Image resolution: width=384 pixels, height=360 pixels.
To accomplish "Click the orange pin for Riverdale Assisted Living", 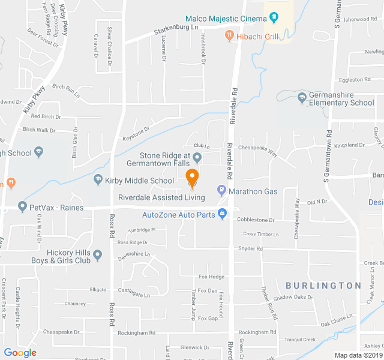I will click(x=192, y=178).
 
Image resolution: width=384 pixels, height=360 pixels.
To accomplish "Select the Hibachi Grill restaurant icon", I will click(x=229, y=37).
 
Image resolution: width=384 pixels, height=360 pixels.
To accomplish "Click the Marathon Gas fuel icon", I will click(x=221, y=191).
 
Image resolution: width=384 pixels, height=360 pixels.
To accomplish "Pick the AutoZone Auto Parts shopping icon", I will click(x=222, y=214).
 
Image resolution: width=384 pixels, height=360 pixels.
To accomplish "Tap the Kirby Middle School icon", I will click(x=98, y=180).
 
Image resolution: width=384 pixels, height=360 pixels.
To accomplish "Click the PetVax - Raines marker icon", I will click(x=22, y=207).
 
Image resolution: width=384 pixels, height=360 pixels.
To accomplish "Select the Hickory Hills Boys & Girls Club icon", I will click(x=98, y=256).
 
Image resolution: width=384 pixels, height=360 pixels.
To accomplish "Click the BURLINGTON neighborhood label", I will click(x=323, y=286).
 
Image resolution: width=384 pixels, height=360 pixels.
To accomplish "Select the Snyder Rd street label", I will click(x=250, y=248).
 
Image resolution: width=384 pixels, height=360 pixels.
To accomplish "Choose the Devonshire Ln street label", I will click(x=133, y=254).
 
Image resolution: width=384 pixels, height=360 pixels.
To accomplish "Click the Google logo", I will click(x=20, y=353).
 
